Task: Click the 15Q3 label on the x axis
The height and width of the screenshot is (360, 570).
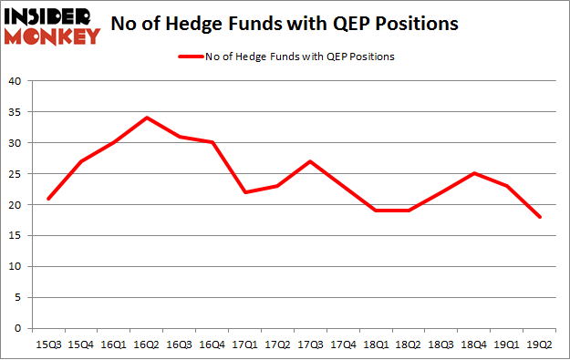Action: [x=48, y=345]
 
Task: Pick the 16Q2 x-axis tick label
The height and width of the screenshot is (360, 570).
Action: [x=146, y=345]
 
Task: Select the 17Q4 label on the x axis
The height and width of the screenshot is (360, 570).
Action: [x=343, y=345]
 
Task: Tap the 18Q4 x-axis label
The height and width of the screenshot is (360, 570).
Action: [x=474, y=345]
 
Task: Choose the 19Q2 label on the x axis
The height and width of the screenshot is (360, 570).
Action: [x=540, y=345]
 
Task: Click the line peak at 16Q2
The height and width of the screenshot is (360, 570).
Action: [x=146, y=118]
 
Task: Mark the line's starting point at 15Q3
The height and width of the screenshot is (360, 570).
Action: [x=48, y=198]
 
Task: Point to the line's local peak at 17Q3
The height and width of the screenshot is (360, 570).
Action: [x=310, y=161]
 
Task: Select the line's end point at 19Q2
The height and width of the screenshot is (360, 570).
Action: [x=540, y=217]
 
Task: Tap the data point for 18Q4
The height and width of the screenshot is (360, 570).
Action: [x=474, y=173]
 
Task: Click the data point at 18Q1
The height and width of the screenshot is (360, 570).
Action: [x=376, y=211]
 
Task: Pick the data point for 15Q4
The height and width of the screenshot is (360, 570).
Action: [x=81, y=161]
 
